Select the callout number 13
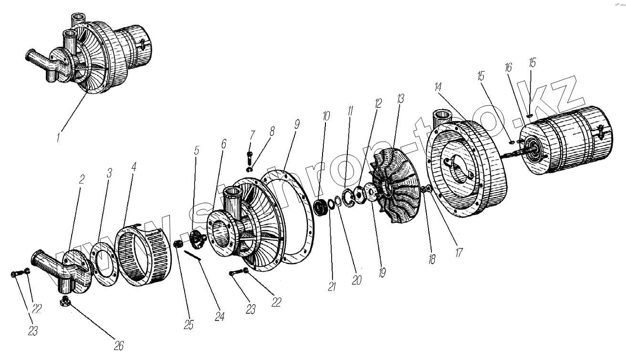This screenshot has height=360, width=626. (400, 100)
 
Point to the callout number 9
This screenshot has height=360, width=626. (296, 124)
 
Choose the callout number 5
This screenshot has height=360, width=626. (196, 151)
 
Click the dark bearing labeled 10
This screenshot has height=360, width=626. (323, 209)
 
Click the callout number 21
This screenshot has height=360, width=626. (331, 286)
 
